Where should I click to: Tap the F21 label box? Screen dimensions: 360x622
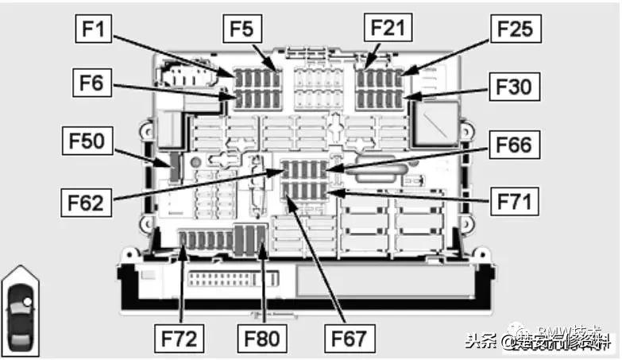[x=387, y=28]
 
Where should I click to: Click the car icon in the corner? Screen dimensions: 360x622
[x=20, y=310]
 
